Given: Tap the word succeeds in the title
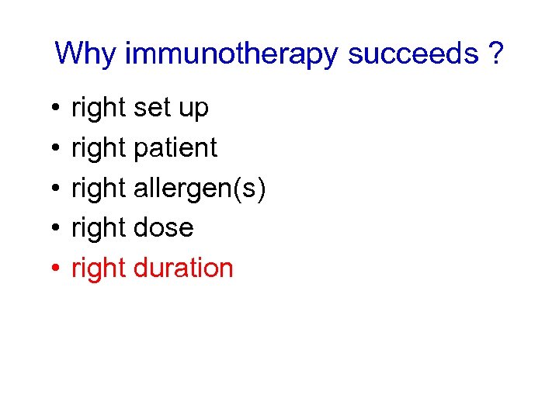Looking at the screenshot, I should point(413,54).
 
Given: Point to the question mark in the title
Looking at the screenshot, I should point(495,54).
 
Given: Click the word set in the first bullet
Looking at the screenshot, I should point(152,108).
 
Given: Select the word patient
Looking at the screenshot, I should point(175,147).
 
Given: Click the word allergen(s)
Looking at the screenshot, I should point(200,188).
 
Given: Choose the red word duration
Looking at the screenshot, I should point(183,268).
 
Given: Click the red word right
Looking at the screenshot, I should point(99,268).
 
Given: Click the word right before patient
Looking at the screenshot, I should point(99,148).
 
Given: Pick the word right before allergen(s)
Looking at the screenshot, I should point(99,189).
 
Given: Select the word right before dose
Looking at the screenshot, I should point(99,228).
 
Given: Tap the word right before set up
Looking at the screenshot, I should point(99,109).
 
